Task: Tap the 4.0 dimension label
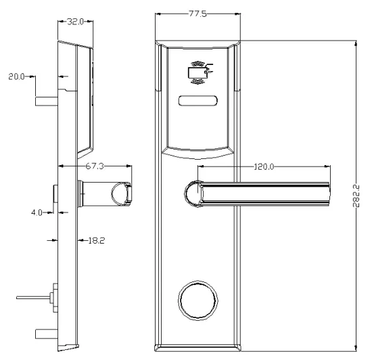pos(39,212)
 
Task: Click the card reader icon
pos(199,71)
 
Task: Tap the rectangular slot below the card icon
pos(197,102)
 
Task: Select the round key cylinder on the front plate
pos(197,298)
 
